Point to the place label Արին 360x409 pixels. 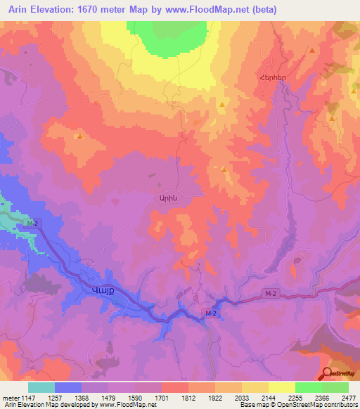point(161,199)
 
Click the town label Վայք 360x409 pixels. point(101,290)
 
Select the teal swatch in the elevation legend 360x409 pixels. point(41,387)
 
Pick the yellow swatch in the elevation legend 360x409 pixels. point(281,387)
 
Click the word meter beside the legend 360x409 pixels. point(10,397)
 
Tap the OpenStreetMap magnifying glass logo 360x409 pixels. point(326,374)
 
